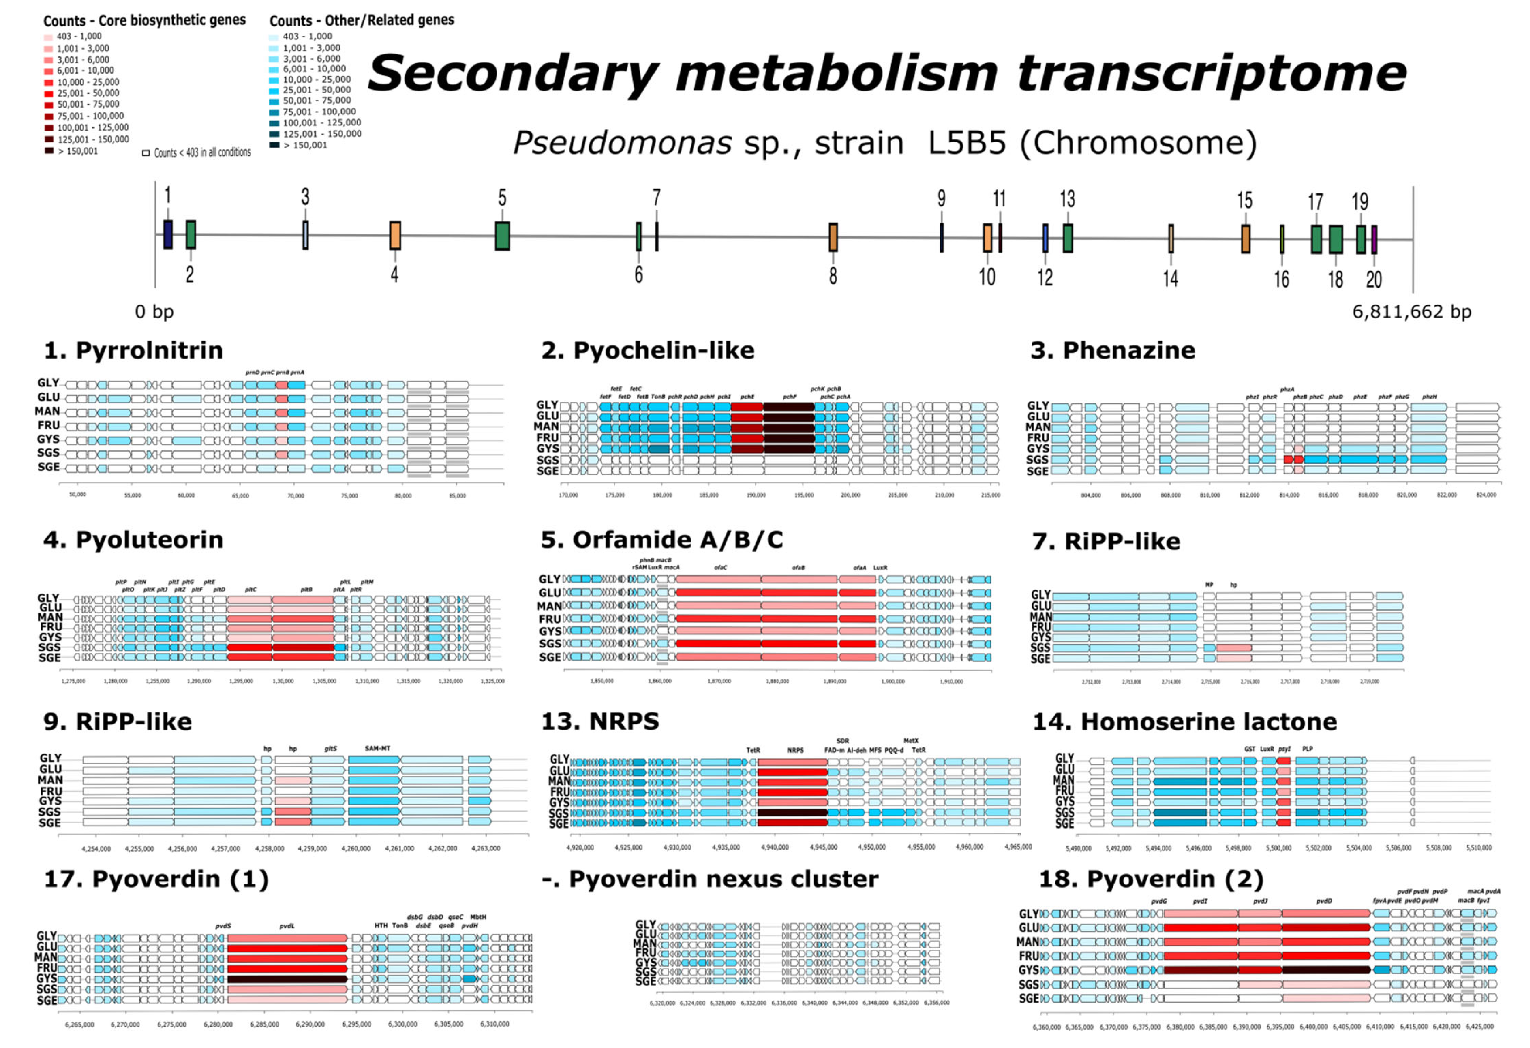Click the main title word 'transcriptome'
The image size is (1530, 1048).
pos(1211,74)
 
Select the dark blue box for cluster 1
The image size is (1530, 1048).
pos(168,234)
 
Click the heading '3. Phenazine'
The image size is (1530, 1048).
pos(1113,350)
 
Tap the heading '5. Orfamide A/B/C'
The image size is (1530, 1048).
pos(662,540)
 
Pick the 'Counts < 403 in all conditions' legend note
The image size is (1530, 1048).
pos(197,153)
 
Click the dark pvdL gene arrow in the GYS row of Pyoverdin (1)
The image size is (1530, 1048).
pos(287,979)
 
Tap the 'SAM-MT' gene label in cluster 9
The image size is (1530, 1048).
pos(377,749)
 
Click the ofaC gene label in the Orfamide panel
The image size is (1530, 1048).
pos(720,567)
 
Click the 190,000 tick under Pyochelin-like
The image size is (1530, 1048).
pos(756,494)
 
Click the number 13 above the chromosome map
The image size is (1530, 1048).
pos(1067,199)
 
